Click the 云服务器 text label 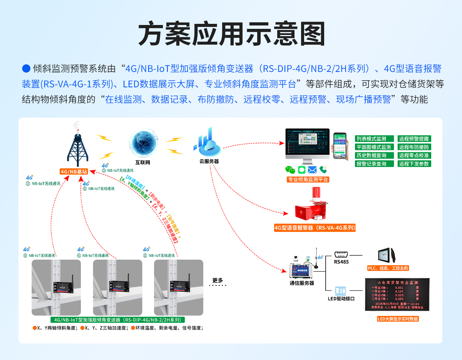point(209,162)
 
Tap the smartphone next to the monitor point(340,145)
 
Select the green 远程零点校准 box point(414,155)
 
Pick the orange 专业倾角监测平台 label point(308,180)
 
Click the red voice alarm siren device point(312,206)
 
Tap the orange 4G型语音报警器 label point(315,228)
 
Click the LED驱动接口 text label point(341,298)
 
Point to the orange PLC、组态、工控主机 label point(388,268)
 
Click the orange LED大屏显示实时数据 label point(398,319)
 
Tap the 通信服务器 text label point(301,283)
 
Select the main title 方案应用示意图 point(231,35)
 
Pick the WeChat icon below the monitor point(290,170)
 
